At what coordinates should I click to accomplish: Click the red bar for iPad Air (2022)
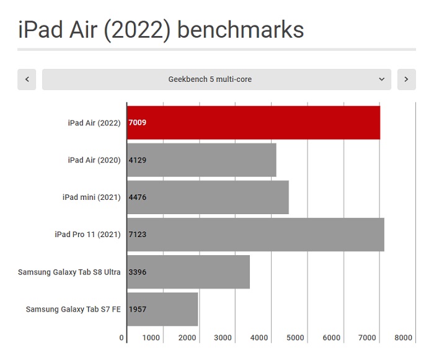[254, 122]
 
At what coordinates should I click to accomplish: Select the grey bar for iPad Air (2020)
[201, 160]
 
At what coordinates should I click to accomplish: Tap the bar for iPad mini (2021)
[208, 197]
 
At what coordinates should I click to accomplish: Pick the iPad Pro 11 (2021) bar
[255, 235]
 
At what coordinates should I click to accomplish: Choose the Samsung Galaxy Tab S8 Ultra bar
[188, 272]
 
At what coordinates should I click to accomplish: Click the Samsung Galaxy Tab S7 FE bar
[162, 309]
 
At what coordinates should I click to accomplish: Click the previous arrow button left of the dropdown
[27, 79]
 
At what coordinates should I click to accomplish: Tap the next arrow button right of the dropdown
[406, 79]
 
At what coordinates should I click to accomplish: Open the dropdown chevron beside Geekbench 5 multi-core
[381, 79]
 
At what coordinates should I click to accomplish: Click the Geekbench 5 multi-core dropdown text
[210, 79]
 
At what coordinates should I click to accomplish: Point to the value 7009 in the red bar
[137, 123]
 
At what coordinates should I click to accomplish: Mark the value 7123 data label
[137, 235]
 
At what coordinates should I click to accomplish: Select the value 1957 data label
[137, 309]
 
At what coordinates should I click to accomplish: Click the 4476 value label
[137, 197]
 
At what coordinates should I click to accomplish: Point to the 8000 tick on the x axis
[403, 338]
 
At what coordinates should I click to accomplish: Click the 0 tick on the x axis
[122, 338]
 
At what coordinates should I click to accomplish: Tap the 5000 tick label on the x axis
[295, 338]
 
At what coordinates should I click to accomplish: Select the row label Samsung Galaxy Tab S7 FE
[73, 309]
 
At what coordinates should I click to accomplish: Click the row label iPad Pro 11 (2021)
[87, 235]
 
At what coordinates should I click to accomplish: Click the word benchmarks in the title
[241, 30]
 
